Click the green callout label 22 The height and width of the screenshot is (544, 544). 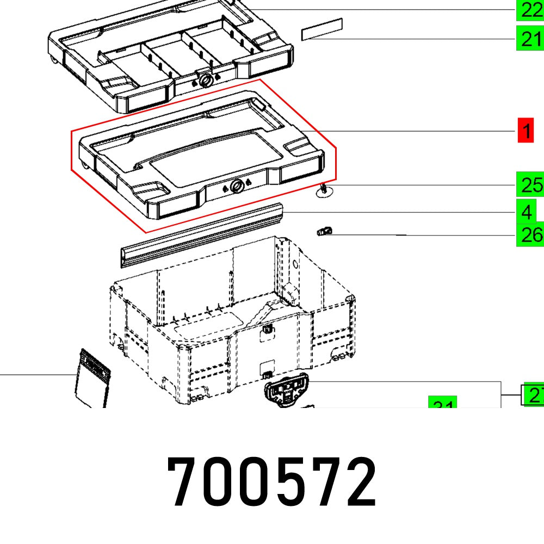529,10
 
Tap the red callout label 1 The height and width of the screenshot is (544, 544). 526,131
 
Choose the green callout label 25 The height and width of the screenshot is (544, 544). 529,185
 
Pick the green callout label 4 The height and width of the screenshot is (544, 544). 526,212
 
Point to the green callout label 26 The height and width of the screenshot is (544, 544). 529,235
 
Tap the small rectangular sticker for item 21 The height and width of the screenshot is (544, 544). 322,29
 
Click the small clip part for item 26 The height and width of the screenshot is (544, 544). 324,232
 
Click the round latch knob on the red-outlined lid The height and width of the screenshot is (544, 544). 237,187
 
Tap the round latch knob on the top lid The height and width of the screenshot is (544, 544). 206,81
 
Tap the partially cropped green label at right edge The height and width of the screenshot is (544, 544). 533,394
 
